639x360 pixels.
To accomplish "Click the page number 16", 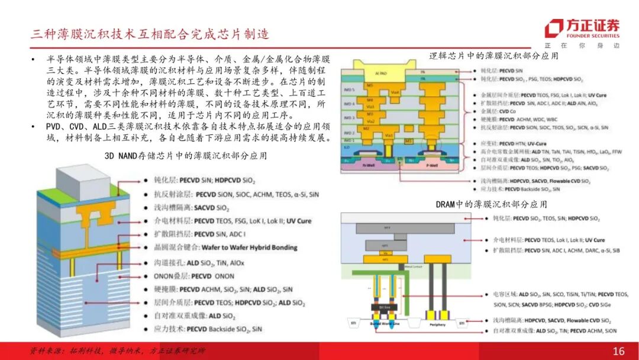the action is click(x=618, y=351).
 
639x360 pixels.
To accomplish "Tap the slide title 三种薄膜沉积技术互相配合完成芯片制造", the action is click(x=150, y=34).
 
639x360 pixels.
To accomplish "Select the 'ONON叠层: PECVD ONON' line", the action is click(x=191, y=276).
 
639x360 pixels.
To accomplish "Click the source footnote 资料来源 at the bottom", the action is click(x=118, y=351).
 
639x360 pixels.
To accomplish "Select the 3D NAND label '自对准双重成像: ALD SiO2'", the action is click(x=187, y=317).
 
